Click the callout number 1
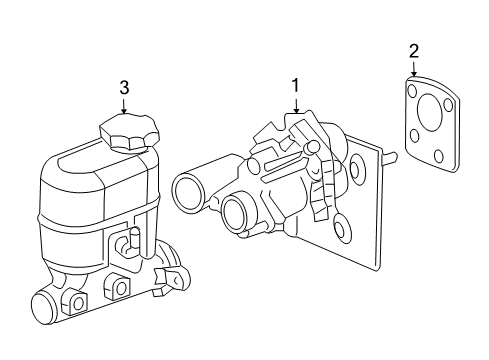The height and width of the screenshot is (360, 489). pyautogui.click(x=295, y=86)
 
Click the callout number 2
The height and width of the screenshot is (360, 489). pyautogui.click(x=414, y=49)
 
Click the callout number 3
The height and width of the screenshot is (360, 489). pyautogui.click(x=124, y=88)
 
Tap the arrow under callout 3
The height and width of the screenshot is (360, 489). pyautogui.click(x=124, y=106)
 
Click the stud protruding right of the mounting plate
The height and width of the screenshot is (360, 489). pyautogui.click(x=391, y=158)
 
